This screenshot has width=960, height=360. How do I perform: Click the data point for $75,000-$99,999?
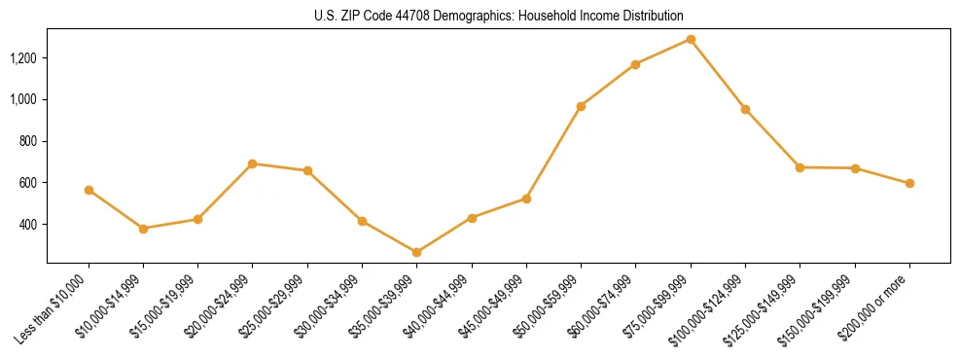691,39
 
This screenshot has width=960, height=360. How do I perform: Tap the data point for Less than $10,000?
89,190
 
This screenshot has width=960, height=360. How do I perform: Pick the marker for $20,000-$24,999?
253,163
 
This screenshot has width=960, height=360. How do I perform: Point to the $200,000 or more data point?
909,183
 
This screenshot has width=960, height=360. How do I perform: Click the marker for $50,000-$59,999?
581,106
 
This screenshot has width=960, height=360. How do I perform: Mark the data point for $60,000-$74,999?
635,64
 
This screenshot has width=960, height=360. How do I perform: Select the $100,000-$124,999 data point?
745,109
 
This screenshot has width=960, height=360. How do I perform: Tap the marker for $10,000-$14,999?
143,229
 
